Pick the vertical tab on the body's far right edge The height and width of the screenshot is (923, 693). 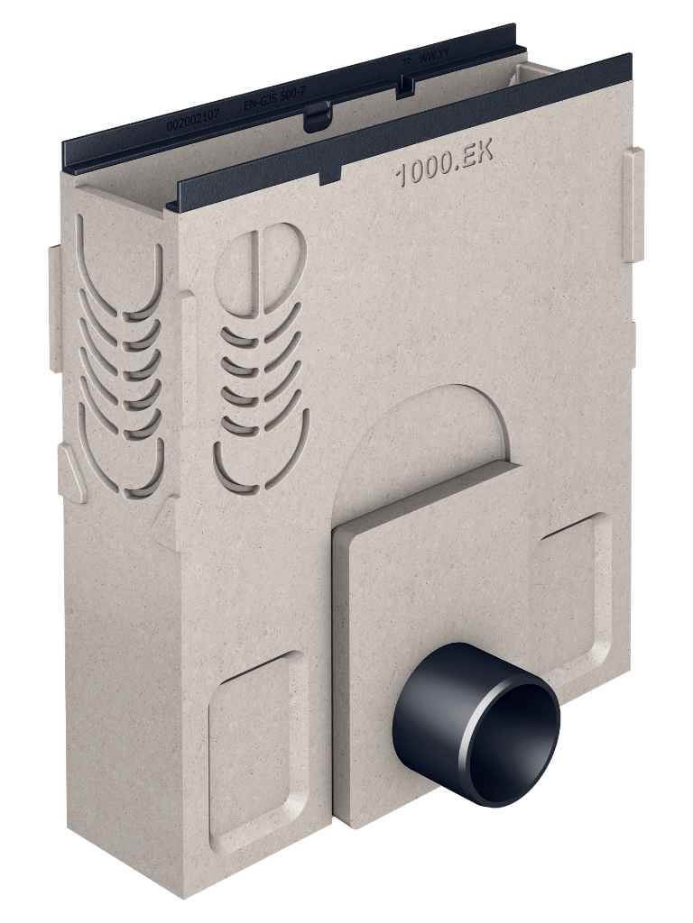[633, 204]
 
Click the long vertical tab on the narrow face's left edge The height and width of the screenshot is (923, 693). [54, 306]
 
